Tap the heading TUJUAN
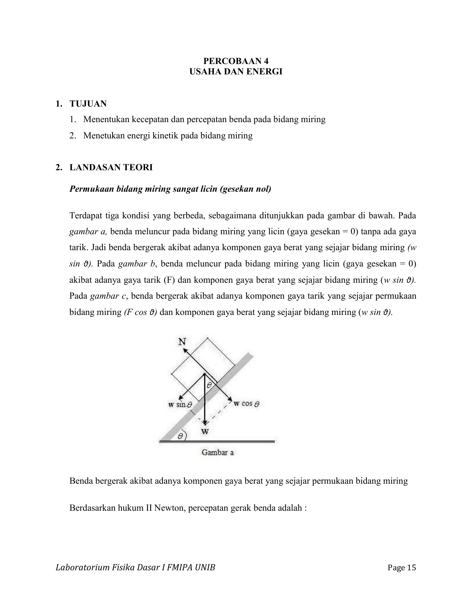(88, 104)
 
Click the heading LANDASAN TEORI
(111, 167)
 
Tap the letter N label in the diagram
(182, 342)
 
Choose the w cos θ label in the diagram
(246, 403)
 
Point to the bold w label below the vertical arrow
(205, 432)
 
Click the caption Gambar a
(217, 452)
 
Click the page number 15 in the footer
(411, 568)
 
